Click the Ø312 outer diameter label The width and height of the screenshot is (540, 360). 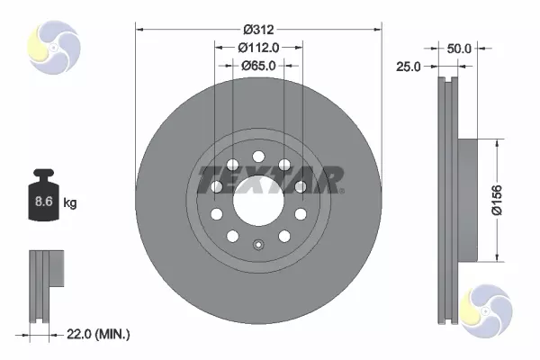click(258, 30)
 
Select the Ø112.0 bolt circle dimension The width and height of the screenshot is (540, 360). click(258, 48)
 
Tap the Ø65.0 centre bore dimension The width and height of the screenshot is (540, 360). click(258, 65)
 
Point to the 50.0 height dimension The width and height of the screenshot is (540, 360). click(459, 49)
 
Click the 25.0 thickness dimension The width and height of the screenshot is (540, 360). click(408, 67)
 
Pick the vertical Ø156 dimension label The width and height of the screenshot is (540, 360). click(497, 200)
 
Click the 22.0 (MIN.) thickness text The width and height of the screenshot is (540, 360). click(98, 334)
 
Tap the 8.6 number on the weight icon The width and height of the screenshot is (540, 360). click(44, 202)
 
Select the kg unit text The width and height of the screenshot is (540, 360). click(70, 202)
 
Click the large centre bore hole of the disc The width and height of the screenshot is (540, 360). click(258, 201)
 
